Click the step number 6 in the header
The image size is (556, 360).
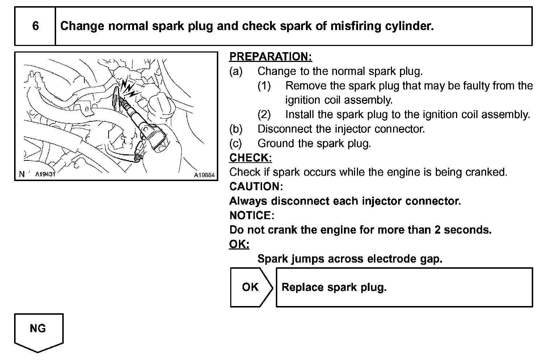click(35, 26)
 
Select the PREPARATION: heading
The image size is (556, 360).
click(270, 57)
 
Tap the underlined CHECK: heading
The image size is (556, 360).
click(250, 158)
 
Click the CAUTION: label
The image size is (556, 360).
click(256, 187)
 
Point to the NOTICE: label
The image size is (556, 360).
click(252, 215)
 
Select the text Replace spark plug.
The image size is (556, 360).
click(334, 287)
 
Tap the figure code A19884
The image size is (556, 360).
click(204, 175)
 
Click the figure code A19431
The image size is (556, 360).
click(45, 174)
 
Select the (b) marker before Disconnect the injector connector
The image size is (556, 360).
click(236, 129)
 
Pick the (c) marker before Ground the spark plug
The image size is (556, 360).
click(236, 143)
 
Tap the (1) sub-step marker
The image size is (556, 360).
click(264, 86)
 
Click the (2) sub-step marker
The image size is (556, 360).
click(264, 114)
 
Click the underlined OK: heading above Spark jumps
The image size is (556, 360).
click(239, 244)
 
